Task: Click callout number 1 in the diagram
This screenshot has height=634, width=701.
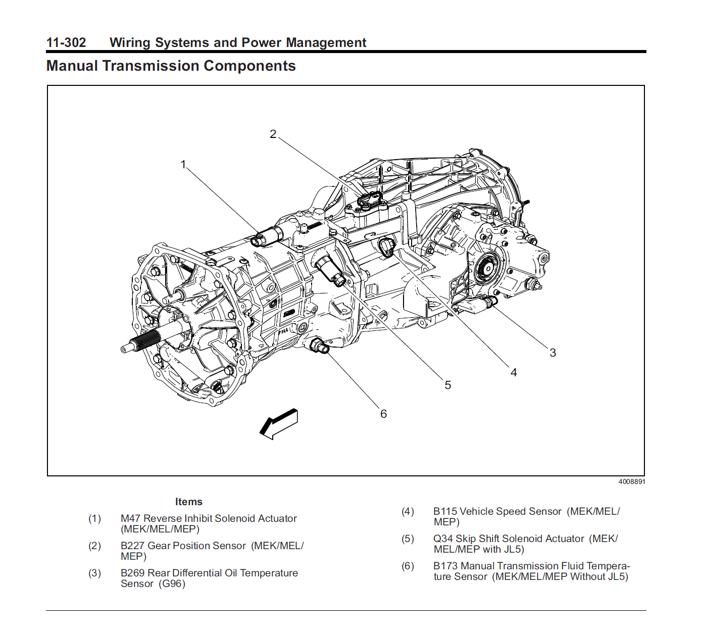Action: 183,164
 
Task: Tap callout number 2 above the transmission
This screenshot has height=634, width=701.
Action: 273,134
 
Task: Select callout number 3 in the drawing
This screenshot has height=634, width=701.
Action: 553,353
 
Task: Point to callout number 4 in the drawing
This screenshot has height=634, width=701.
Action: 513,372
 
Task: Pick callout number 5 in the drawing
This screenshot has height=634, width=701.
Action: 447,385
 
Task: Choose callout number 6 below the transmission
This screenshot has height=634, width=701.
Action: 383,414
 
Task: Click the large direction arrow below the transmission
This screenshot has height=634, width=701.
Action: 279,424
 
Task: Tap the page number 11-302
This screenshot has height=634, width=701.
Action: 66,42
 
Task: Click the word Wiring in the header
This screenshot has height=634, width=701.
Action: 130,42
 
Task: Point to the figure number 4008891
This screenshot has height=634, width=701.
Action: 631,481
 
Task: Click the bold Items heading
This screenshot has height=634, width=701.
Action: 189,502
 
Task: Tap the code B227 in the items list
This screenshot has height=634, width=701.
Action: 132,546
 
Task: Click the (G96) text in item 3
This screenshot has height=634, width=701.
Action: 172,583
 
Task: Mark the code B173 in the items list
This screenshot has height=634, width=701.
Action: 445,566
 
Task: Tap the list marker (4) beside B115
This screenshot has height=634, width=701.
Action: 408,511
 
